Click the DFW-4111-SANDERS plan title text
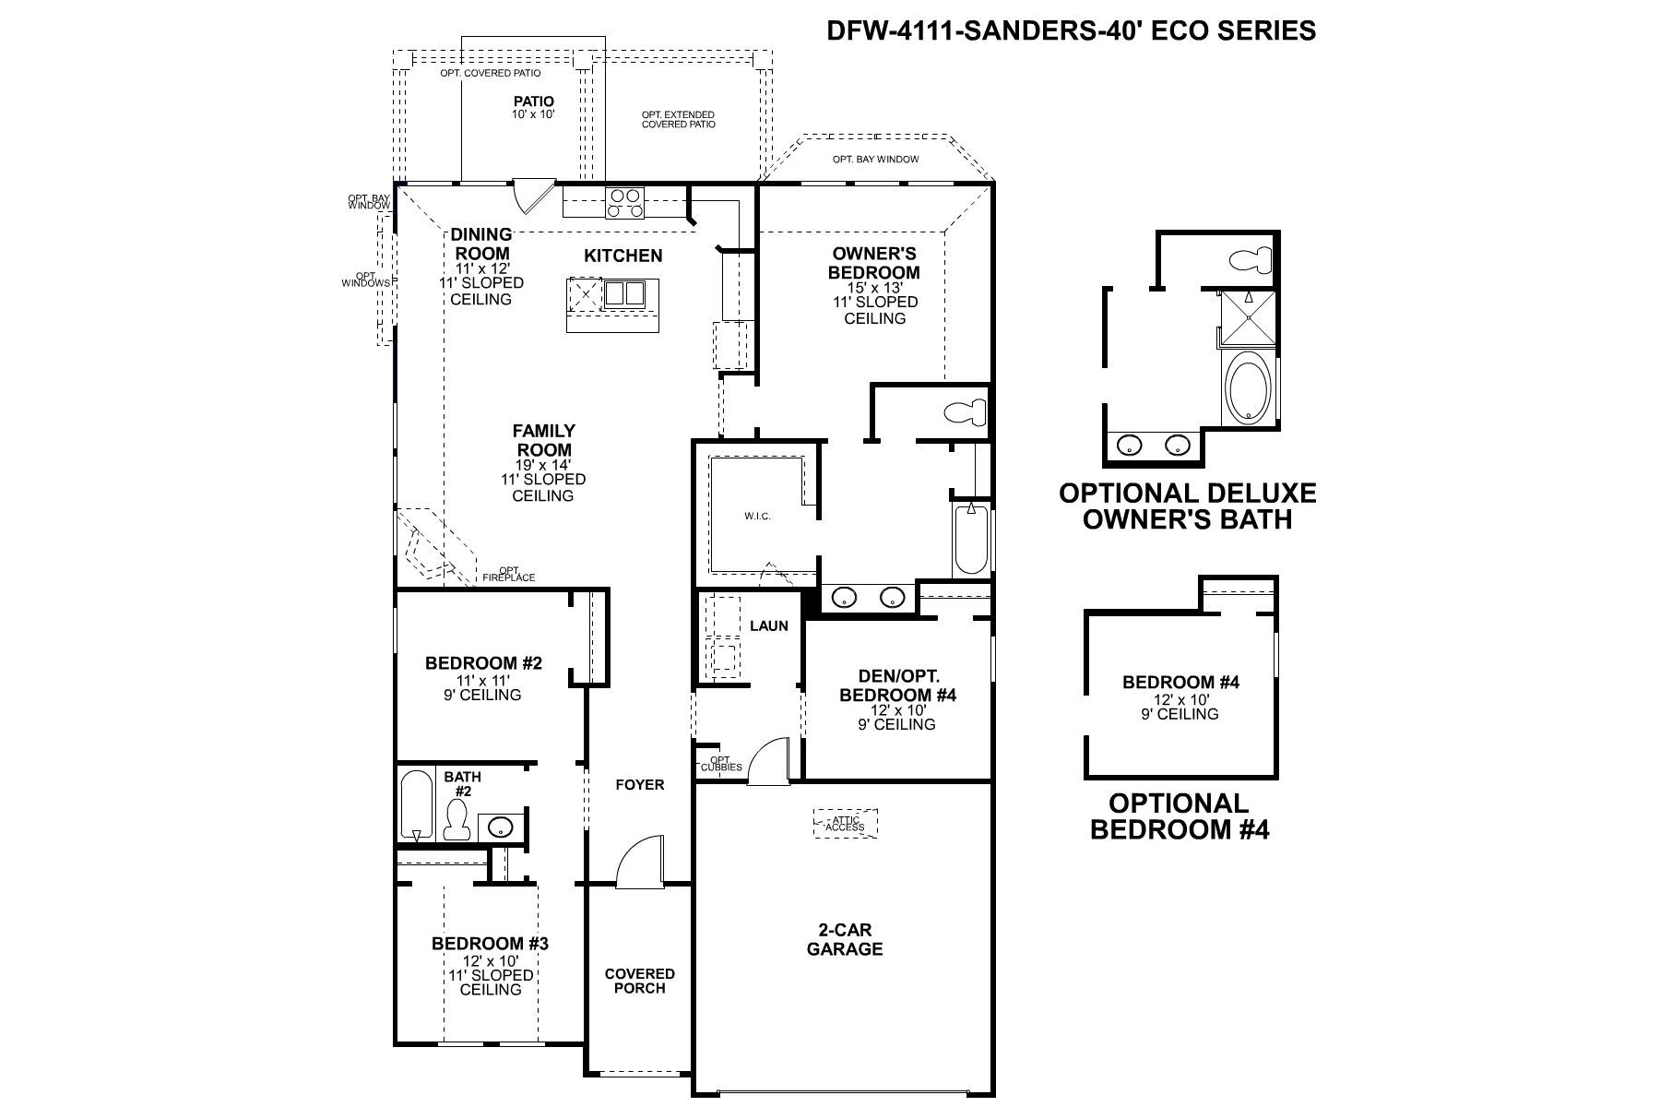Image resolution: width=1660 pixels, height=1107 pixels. (1071, 30)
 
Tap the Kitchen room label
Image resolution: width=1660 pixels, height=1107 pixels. (622, 256)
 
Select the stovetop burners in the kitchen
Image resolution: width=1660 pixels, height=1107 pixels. (624, 201)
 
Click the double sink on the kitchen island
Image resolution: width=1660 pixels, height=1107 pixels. (624, 293)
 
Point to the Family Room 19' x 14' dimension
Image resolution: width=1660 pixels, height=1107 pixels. (543, 464)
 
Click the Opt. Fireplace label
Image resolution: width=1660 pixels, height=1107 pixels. (508, 574)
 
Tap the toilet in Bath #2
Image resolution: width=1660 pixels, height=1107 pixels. (456, 819)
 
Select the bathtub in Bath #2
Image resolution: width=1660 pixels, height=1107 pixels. (417, 804)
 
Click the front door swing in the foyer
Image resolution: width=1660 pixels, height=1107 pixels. (641, 862)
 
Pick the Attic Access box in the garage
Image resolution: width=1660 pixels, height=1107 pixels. (845, 823)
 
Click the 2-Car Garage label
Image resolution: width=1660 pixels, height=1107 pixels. (844, 939)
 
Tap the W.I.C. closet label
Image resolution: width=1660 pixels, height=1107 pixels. (757, 516)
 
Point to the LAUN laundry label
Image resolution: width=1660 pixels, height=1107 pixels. (768, 625)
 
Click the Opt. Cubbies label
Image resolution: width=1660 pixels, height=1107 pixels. (721, 764)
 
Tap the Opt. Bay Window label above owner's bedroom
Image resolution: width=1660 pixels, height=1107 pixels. (875, 160)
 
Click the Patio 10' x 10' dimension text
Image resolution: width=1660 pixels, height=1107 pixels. (533, 114)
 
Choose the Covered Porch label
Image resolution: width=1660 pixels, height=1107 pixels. (639, 981)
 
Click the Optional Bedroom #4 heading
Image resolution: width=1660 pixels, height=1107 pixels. (1180, 815)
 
